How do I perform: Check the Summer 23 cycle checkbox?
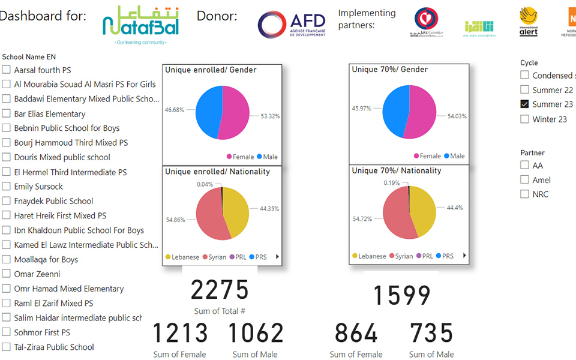(524, 104)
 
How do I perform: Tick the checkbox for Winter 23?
(524, 119)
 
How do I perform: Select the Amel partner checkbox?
(524, 180)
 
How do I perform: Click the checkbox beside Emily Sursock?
(6, 187)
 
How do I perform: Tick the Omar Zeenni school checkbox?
(6, 274)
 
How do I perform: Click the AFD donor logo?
(292, 25)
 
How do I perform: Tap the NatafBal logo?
(140, 25)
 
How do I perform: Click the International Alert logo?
(528, 22)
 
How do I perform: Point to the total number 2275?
(220, 290)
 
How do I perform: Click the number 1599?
(402, 296)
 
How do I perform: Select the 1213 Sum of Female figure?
(180, 334)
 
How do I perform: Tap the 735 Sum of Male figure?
(431, 334)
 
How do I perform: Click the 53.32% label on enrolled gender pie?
(269, 116)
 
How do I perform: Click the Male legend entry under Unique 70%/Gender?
(454, 156)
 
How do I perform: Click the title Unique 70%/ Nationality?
(397, 171)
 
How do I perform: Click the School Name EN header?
(29, 57)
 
